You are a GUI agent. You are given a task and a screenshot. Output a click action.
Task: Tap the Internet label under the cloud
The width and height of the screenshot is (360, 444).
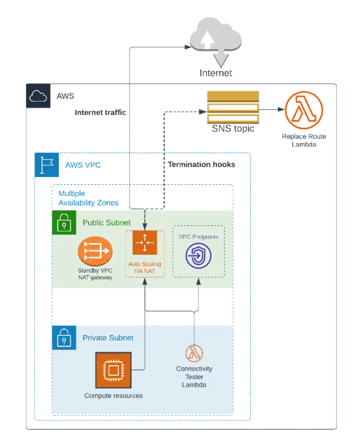click(216, 73)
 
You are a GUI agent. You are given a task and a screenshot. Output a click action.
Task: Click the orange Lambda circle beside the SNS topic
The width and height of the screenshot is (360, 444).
click(304, 108)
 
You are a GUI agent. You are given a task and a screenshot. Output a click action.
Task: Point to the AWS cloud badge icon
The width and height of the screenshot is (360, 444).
click(38, 96)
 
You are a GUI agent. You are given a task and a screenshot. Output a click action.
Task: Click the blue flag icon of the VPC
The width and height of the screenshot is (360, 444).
click(47, 165)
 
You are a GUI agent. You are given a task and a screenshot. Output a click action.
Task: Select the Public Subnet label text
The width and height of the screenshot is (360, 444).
click(107, 222)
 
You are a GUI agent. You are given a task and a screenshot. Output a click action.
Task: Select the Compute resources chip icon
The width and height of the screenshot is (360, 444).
click(113, 370)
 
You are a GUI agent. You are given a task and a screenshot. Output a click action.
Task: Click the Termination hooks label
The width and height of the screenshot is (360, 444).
click(202, 165)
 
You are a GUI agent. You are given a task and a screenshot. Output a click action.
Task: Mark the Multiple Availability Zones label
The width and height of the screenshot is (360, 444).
click(88, 198)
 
